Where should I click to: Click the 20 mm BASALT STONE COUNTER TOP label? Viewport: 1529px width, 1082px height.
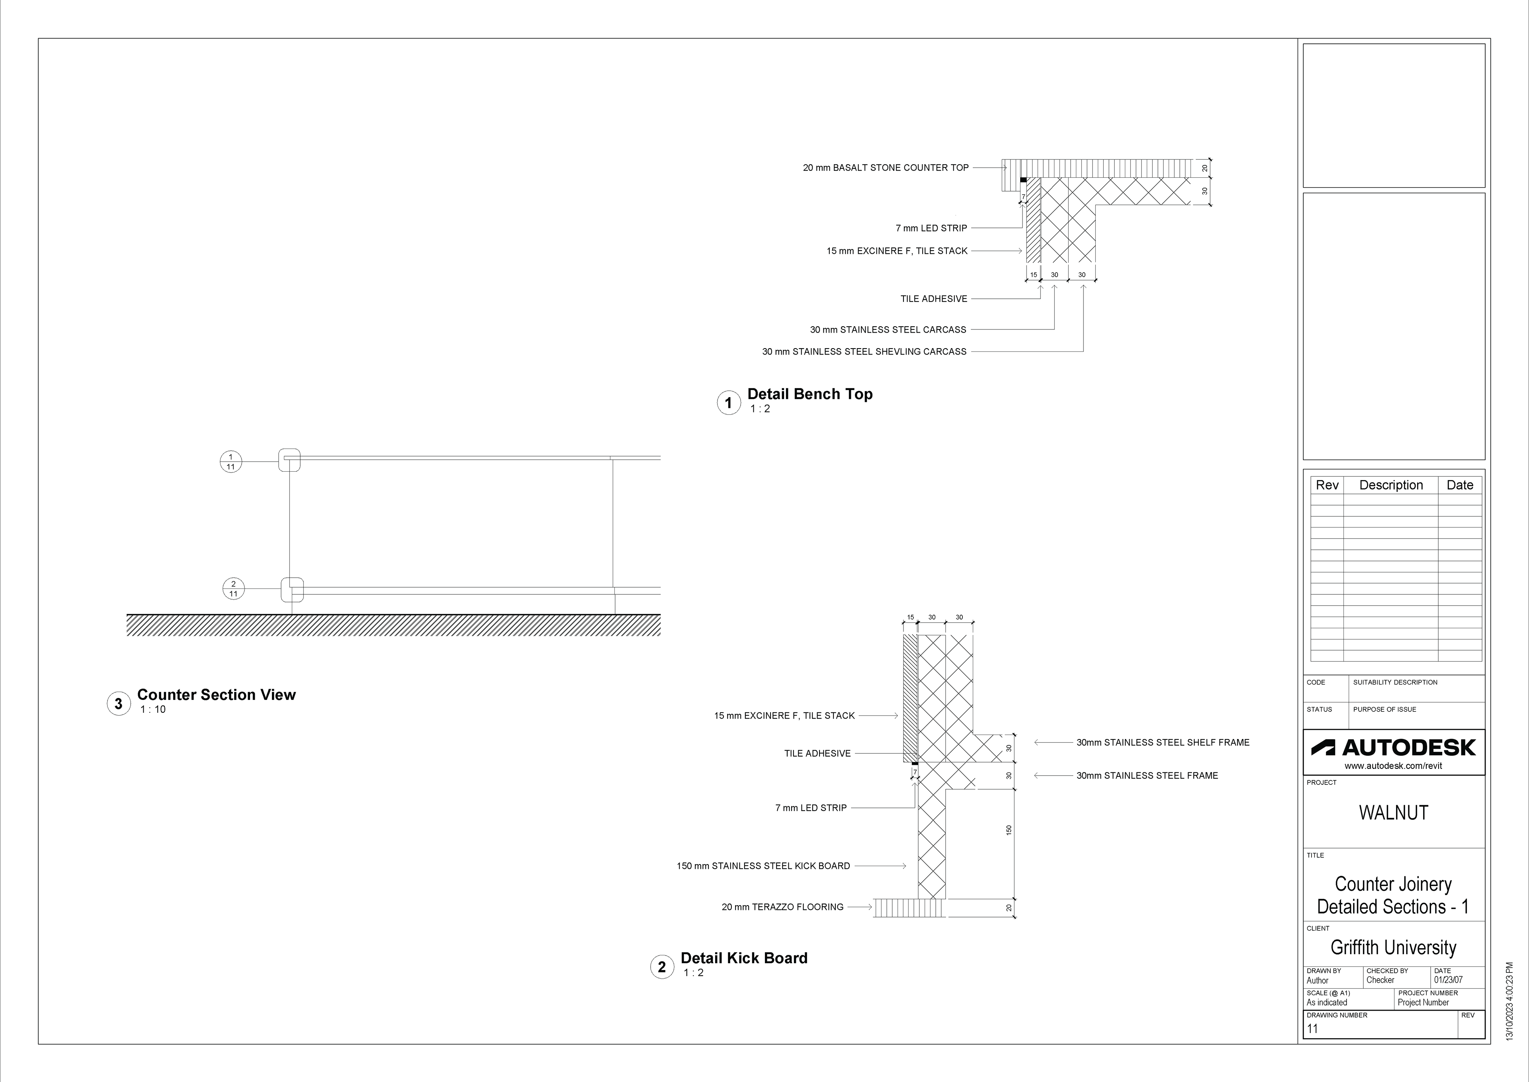(885, 168)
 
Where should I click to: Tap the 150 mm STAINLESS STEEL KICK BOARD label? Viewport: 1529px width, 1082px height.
(763, 866)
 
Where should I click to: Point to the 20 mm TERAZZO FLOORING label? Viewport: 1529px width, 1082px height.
(782, 907)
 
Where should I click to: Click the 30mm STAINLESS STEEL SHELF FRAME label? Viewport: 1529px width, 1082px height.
(1163, 742)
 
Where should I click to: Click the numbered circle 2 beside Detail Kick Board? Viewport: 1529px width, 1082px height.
(661, 967)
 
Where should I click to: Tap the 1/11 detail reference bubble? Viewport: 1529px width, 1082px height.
(231, 461)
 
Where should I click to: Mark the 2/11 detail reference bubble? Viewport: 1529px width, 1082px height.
(233, 589)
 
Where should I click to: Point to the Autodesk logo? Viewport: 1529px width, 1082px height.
(1393, 747)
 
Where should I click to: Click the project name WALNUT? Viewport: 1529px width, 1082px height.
(1393, 813)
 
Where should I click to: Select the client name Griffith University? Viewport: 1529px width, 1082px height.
(1393, 947)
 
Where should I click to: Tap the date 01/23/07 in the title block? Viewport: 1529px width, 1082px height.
(1449, 980)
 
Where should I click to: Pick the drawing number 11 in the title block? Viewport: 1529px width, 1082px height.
(1312, 1029)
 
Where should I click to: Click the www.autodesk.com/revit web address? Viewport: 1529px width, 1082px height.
(1393, 766)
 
